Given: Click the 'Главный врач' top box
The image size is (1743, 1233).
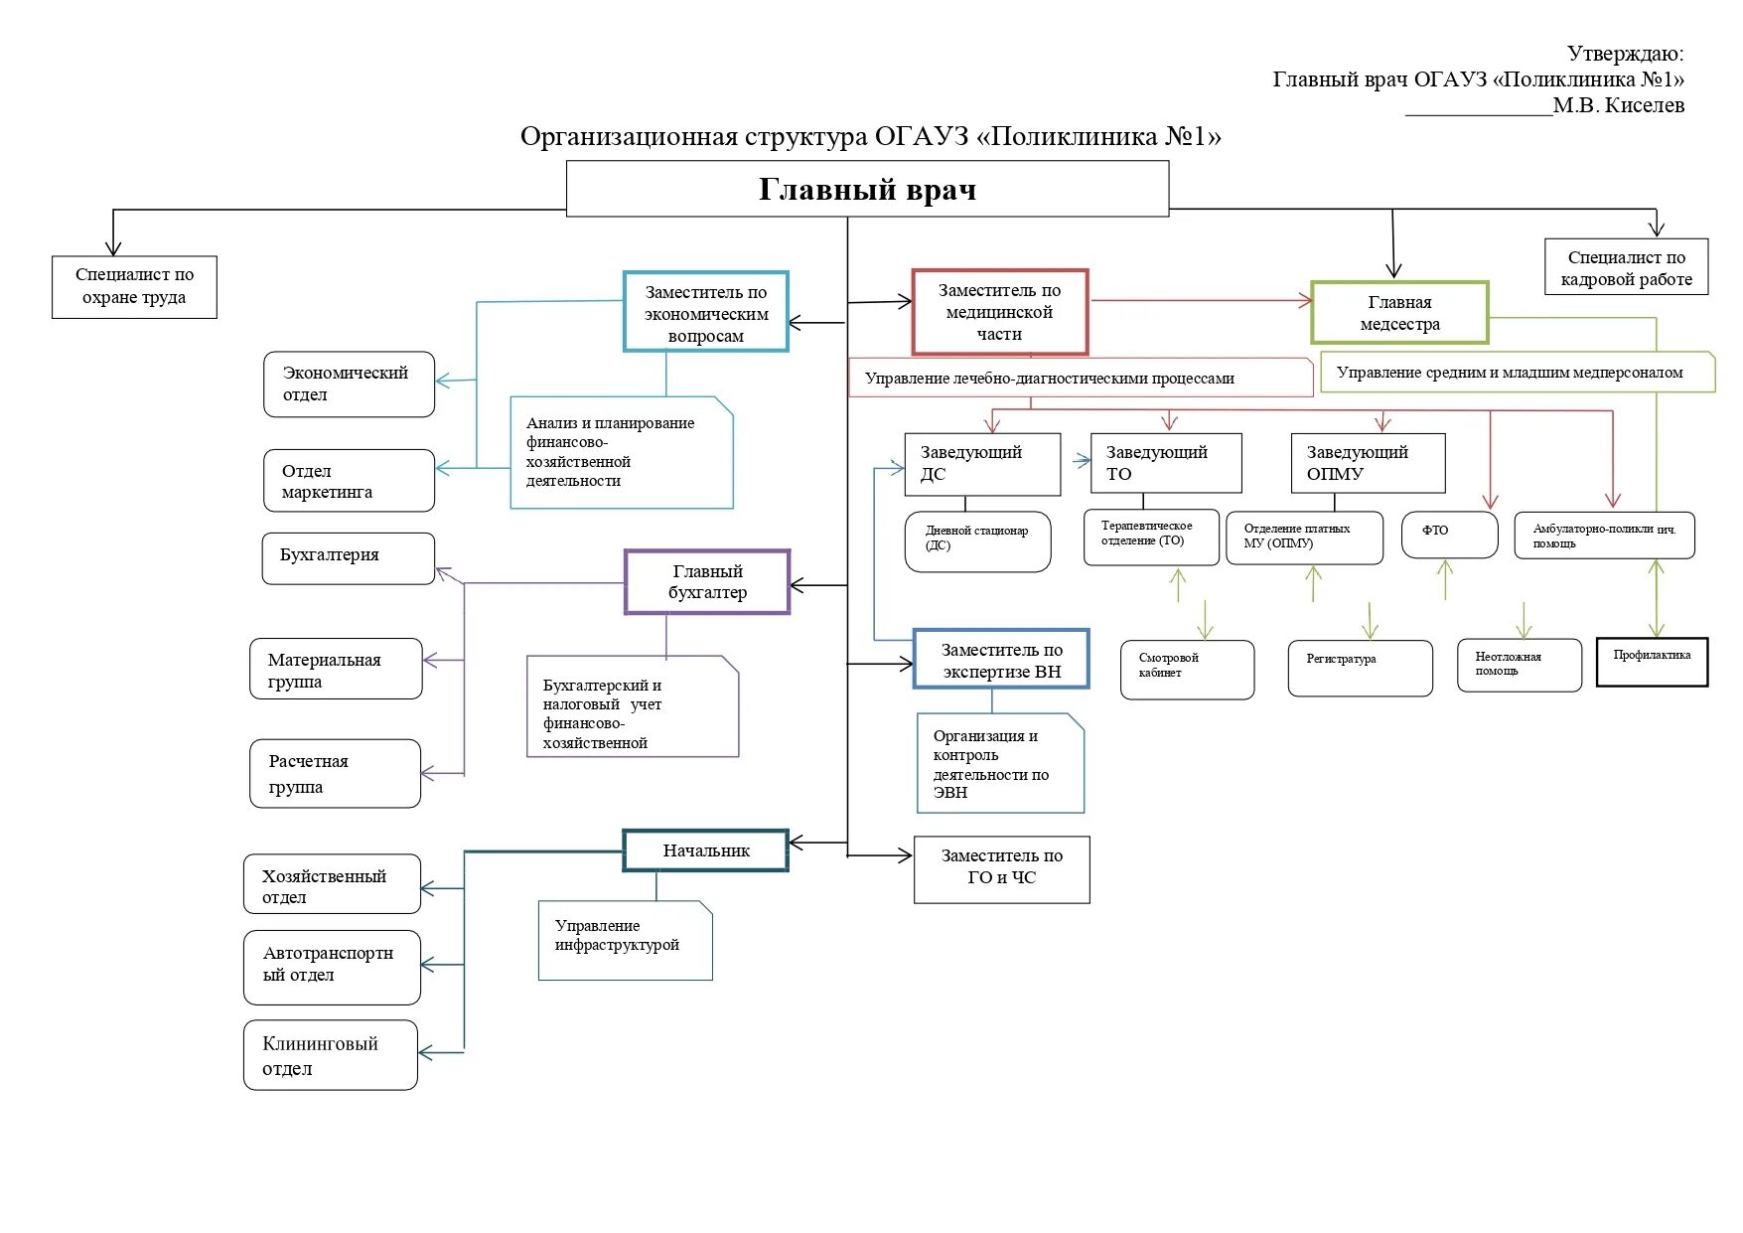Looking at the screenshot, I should click(x=867, y=189).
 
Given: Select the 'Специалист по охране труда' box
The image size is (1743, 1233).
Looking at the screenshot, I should click(x=134, y=287).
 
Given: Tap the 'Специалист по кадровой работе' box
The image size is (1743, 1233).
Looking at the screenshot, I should click(x=1626, y=267).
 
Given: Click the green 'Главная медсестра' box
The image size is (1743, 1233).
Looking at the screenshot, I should click(x=1399, y=313).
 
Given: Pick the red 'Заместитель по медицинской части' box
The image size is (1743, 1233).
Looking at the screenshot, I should click(x=999, y=312).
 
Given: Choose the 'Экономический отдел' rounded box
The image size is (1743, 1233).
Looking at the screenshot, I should click(x=349, y=384).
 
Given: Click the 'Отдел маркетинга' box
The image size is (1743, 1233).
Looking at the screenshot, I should click(x=349, y=481).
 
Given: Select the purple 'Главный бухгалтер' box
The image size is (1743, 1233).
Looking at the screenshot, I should click(x=707, y=582).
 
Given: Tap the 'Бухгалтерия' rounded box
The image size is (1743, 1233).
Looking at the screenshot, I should click(x=349, y=557).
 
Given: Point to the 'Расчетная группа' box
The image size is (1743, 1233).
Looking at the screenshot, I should click(x=335, y=773).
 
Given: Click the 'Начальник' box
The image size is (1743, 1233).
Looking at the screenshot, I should click(x=706, y=850).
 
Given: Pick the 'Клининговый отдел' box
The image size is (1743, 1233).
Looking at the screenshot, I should click(x=330, y=1055).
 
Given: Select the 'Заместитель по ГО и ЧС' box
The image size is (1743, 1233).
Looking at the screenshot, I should click(x=1001, y=868).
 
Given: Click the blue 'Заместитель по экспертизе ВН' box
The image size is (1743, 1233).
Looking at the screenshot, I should click(x=1001, y=660).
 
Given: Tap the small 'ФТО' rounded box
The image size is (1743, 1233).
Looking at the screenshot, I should click(x=1449, y=535).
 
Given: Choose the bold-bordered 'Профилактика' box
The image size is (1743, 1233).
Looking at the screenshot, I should click(x=1652, y=662).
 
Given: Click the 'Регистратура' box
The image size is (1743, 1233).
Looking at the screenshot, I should click(x=1360, y=668).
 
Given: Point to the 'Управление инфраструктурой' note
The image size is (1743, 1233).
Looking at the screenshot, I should click(x=625, y=940).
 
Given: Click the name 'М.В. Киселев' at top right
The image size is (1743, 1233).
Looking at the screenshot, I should click(x=1618, y=105).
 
